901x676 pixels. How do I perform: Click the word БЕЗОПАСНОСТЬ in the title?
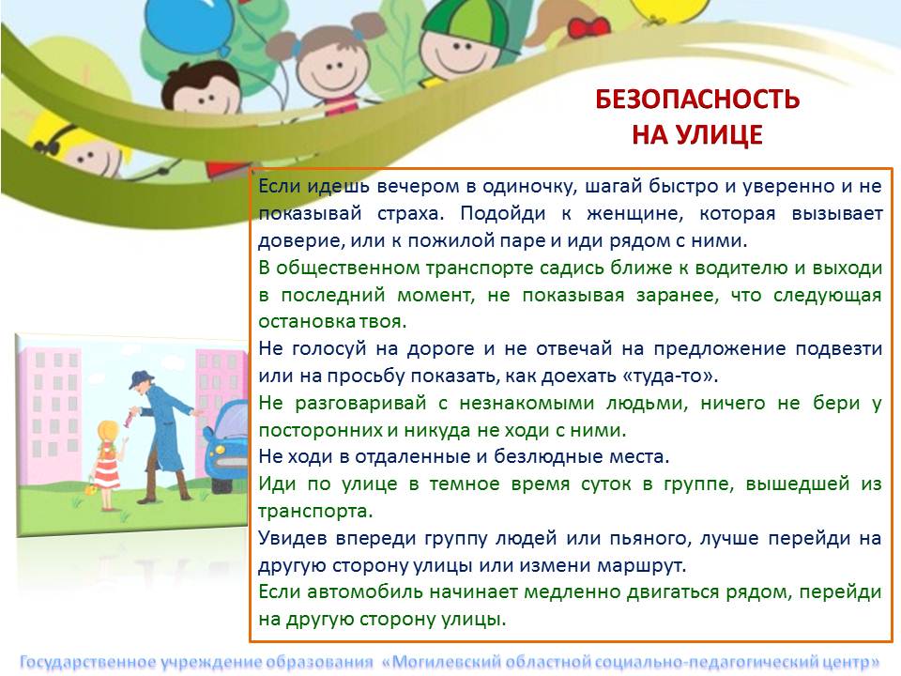click(x=697, y=99)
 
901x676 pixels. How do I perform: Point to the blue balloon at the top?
click(x=189, y=22)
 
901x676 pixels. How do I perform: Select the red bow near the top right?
click(x=588, y=27)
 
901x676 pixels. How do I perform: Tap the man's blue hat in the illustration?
click(x=142, y=378)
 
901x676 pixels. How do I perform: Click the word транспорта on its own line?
click(x=315, y=511)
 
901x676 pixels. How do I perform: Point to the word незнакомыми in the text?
click(x=527, y=403)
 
